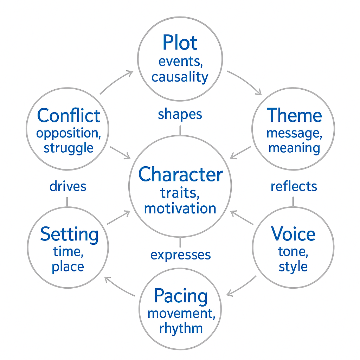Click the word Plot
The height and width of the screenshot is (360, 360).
click(x=180, y=43)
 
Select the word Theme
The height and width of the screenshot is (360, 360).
click(x=294, y=115)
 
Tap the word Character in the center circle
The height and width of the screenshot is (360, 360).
click(x=180, y=175)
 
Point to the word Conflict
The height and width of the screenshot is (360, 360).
click(x=69, y=116)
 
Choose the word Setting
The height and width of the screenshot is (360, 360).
click(x=69, y=234)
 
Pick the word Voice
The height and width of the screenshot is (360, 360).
click(x=293, y=234)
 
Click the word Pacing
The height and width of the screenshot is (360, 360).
click(x=181, y=296)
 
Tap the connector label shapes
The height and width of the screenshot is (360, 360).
click(x=180, y=114)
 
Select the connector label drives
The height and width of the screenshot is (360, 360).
click(x=68, y=186)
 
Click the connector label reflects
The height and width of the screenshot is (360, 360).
click(x=294, y=186)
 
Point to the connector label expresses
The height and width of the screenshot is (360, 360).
click(x=180, y=255)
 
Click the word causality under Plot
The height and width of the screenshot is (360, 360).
click(x=180, y=77)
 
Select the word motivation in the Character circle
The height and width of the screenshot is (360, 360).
click(x=180, y=208)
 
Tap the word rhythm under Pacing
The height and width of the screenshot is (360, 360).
click(x=181, y=328)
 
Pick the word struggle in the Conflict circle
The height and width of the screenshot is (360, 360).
click(x=69, y=148)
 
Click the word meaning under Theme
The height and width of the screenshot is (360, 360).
click(x=294, y=148)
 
